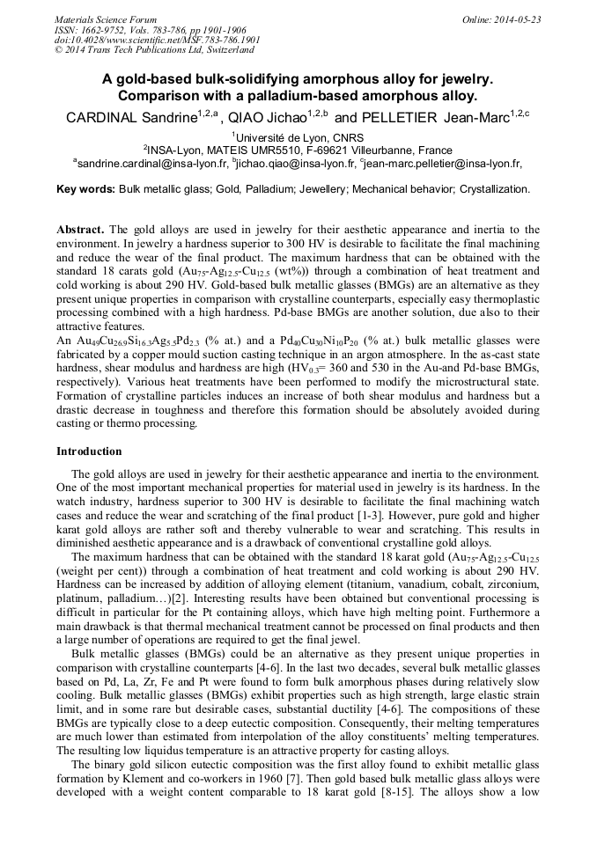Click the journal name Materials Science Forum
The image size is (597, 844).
106,19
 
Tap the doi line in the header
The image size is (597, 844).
158,40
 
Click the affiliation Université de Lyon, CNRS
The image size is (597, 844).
299,137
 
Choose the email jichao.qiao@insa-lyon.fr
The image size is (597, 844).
296,163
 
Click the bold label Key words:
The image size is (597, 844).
85,189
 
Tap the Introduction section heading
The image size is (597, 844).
89,451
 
